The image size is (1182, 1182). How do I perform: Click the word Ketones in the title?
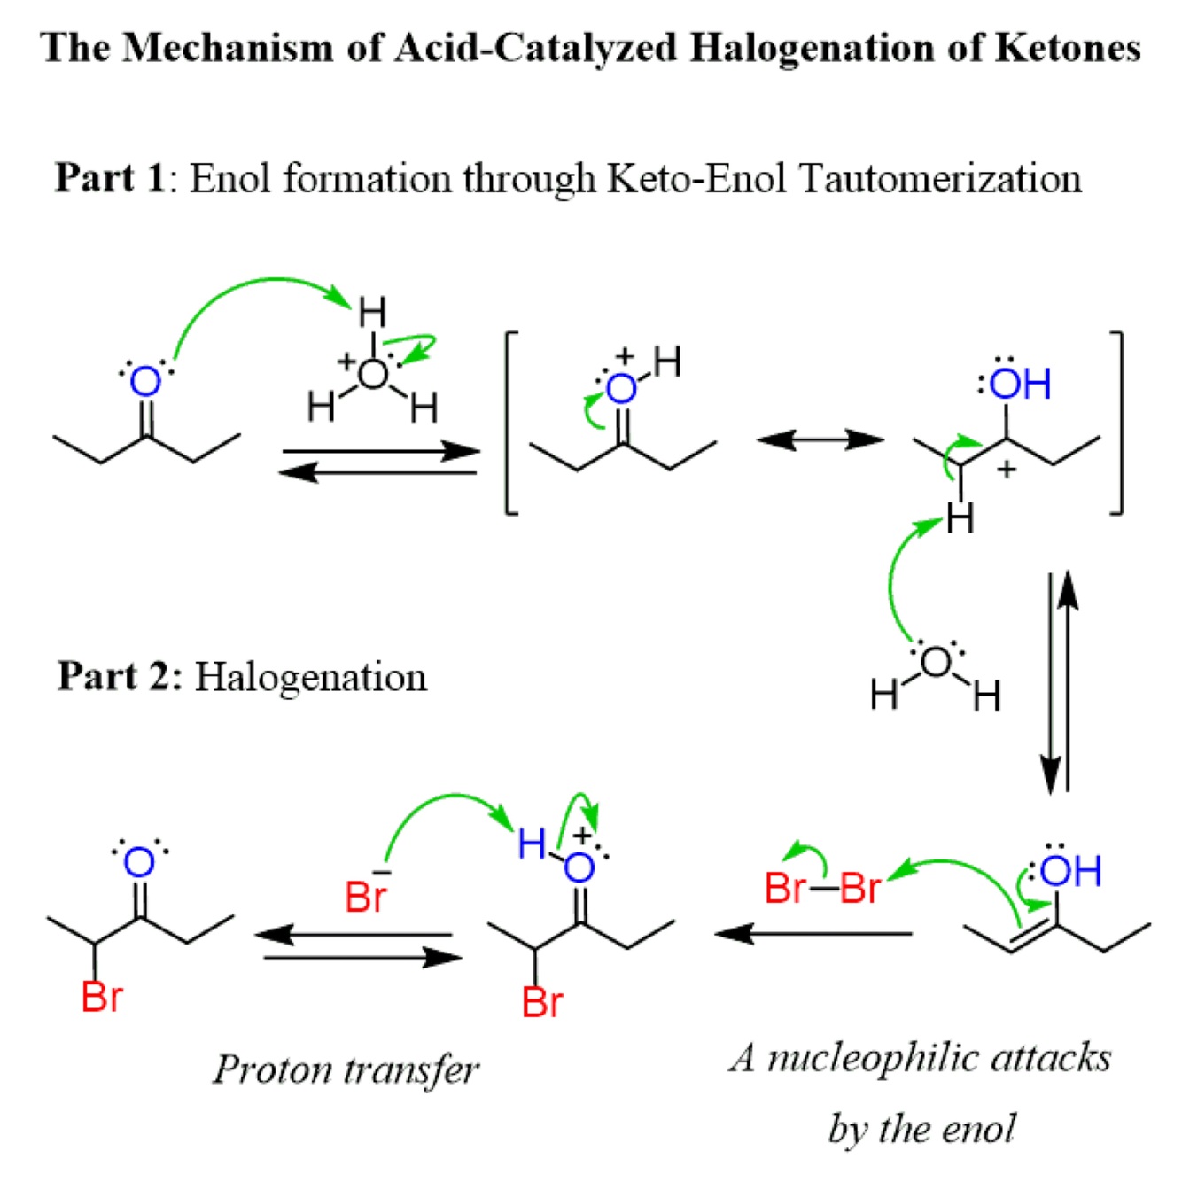[1067, 48]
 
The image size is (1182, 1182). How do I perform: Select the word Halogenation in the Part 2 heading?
[310, 677]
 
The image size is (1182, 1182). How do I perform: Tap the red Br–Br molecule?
[822, 887]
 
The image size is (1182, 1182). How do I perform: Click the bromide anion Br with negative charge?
[365, 895]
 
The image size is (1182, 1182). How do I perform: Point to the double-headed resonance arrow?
[820, 439]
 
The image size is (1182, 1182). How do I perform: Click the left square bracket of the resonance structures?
[511, 423]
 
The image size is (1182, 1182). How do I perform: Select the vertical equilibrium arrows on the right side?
[1059, 682]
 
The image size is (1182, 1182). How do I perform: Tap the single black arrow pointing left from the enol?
[813, 933]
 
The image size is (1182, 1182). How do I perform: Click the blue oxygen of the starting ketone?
[145, 383]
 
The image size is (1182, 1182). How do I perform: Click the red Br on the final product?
[101, 997]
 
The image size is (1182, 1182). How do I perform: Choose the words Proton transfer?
[346, 1069]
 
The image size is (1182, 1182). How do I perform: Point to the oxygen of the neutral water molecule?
[936, 662]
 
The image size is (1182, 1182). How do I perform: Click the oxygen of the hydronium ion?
[373, 374]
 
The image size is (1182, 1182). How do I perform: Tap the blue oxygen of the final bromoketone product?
[139, 862]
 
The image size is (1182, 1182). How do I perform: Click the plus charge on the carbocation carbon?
[1006, 470]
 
